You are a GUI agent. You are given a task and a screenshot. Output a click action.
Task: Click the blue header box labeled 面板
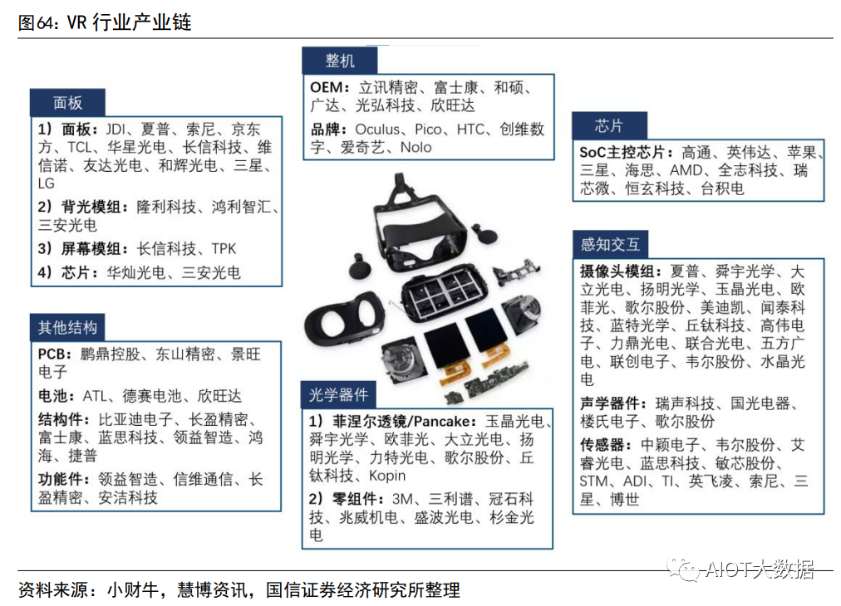68,103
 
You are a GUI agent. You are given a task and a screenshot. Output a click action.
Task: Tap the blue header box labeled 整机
339,61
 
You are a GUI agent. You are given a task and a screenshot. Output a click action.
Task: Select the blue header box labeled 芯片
608,126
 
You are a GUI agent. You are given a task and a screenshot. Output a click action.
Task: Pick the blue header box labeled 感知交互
609,244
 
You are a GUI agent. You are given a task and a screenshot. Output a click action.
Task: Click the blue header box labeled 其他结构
68,327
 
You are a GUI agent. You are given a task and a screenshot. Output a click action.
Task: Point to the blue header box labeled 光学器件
338,394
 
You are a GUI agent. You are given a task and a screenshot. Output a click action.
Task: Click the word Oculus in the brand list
378,130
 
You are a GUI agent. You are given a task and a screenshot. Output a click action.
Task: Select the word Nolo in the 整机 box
416,148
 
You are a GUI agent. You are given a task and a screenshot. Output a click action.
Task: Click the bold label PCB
55,354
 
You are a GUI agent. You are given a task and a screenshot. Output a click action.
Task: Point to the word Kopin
387,476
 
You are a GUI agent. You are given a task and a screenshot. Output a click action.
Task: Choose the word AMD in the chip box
686,170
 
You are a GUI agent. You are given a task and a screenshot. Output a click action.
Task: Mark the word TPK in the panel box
224,249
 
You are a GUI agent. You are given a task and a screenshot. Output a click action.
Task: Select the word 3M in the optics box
403,499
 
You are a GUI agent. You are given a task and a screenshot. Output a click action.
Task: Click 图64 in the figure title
37,22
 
